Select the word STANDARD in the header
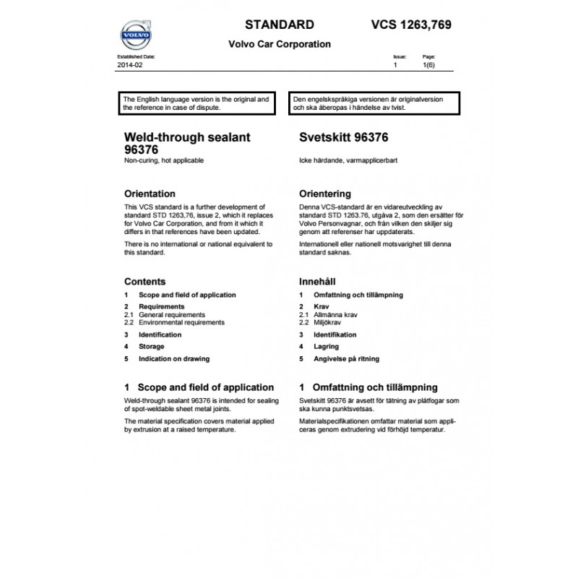click(x=280, y=25)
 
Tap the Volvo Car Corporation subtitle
click(x=280, y=44)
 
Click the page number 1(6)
click(x=428, y=65)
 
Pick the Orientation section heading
click(x=150, y=194)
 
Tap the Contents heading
click(x=144, y=282)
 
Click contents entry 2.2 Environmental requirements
click(x=181, y=322)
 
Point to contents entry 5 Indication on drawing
click(x=175, y=359)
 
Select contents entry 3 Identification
click(x=160, y=335)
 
